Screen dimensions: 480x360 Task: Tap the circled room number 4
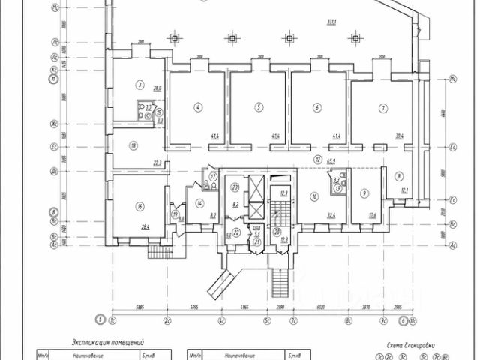click(198, 108)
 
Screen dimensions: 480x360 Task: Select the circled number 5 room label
click(259, 108)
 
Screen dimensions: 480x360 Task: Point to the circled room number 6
click(318, 108)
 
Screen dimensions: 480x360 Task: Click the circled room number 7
click(382, 108)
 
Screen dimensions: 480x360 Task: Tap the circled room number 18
click(133, 146)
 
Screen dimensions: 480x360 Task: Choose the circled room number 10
click(314, 196)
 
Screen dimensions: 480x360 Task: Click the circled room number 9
click(364, 193)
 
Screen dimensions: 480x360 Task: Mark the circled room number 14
click(199, 203)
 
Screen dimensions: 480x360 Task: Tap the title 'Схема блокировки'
click(410, 346)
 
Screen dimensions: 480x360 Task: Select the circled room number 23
click(235, 187)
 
